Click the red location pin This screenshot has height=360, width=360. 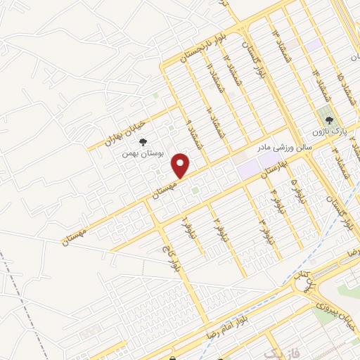pos(181,165)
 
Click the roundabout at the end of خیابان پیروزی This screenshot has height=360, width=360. pos(307,285)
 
